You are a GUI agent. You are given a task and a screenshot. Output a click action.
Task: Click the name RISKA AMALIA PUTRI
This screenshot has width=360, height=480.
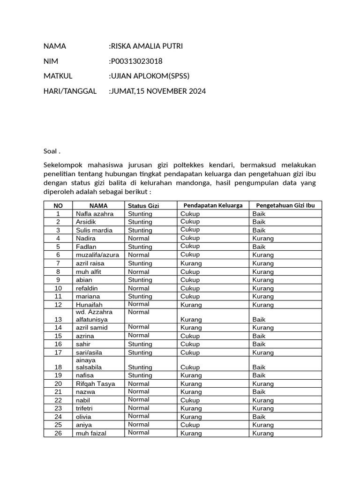coord(146,46)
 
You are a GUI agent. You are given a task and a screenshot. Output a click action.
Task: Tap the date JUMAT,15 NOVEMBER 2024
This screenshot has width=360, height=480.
coord(157,91)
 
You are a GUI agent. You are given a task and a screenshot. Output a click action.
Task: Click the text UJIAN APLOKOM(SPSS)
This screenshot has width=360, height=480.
coord(149,76)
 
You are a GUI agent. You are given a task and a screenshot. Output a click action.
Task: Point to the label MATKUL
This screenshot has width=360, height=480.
coord(58,76)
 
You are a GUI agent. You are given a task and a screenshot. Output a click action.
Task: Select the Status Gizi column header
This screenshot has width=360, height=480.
coord(143,205)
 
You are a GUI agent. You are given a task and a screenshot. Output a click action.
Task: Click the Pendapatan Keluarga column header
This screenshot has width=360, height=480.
coord(213,205)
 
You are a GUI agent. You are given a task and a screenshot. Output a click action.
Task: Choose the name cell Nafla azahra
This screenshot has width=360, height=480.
coord(95,214)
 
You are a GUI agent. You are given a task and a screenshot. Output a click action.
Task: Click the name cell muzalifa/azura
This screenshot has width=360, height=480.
coord(97,255)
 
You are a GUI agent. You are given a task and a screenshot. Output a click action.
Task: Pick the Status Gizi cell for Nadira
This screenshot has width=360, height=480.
coord(138,238)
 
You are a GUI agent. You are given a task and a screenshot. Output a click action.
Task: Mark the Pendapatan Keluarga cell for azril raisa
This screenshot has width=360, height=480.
coord(191,263)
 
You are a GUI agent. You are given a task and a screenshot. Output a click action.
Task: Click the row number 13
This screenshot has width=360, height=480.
coord(58,319)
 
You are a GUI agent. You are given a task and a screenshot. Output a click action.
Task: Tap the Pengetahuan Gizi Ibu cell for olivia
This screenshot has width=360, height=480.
coord(259,416)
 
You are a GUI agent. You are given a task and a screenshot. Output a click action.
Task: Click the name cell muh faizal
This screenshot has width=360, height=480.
coord(91,433)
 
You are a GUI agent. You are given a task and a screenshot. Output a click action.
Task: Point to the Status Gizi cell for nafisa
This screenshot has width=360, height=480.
coord(140,375)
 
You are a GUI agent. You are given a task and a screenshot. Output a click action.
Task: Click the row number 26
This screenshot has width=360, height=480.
coord(58,433)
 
